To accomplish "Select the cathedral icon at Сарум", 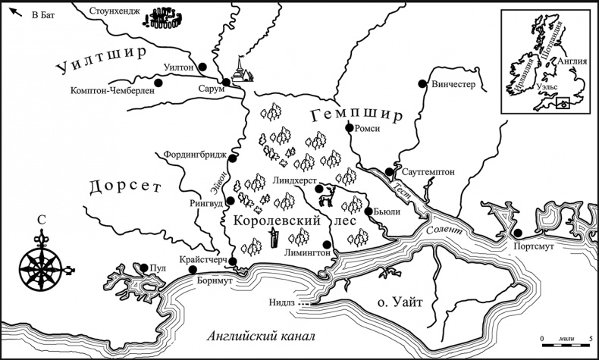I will coord(242,71).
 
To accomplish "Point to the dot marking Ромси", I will coord(349,129).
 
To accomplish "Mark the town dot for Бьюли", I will coord(368,211).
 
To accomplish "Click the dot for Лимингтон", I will coord(328,244).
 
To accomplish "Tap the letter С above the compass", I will coord(40,221).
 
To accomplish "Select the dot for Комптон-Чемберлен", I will coord(158,83).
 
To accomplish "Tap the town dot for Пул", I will coord(143,267).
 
